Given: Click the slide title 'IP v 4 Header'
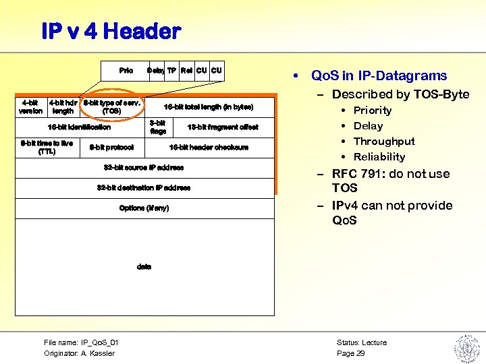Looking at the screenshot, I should point(111,31).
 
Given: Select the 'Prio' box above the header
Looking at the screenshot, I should point(126,70).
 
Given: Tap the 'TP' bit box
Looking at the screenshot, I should point(171,70).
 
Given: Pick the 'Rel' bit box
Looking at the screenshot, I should point(186,70).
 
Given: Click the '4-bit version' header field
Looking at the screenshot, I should point(30,107).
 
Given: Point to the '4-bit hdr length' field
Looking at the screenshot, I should point(63,107).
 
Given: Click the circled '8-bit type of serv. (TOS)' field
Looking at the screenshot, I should point(111,107).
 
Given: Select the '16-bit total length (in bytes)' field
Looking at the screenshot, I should point(208,107).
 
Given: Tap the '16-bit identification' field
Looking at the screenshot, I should point(79,127).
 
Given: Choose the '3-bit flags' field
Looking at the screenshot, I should point(158,127).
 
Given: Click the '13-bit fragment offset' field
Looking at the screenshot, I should point(222,127).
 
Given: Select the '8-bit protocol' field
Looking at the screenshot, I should point(111,147).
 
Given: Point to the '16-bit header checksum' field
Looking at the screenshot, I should point(208,147).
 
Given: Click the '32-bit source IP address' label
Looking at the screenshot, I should point(143,167).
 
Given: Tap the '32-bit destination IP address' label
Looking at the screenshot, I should point(143,187).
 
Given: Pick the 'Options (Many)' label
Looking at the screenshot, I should point(143,208).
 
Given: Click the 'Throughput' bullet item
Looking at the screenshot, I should point(384,142).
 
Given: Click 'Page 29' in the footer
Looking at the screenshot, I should point(350,353).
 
